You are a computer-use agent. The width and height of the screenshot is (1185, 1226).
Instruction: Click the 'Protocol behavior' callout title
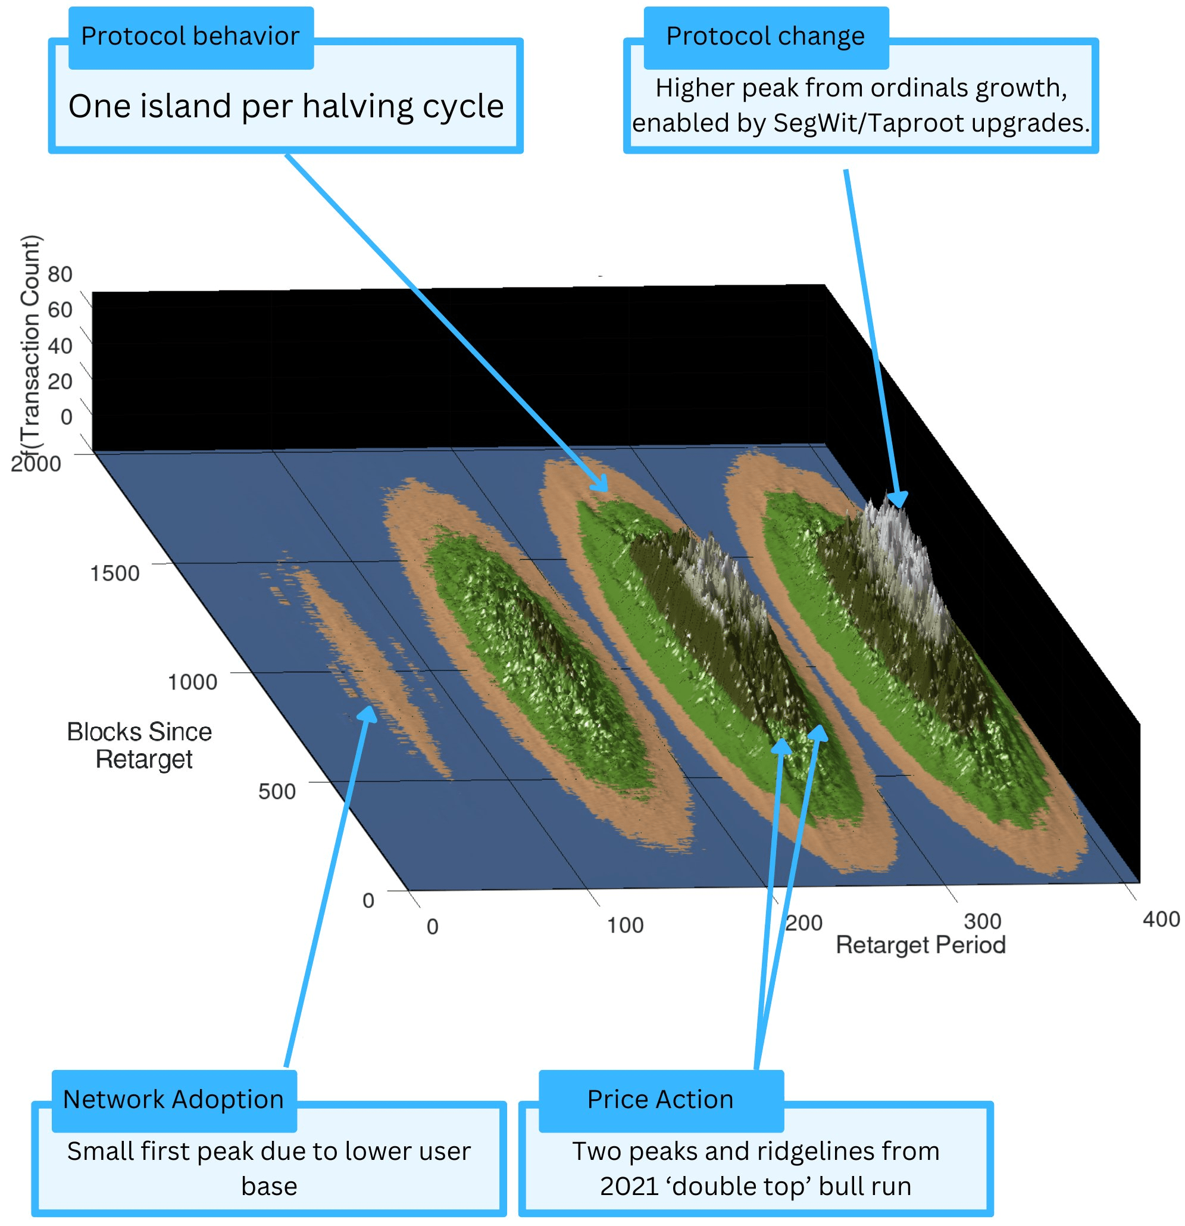click(x=190, y=36)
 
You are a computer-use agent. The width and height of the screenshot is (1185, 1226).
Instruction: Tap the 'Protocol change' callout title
click(x=765, y=36)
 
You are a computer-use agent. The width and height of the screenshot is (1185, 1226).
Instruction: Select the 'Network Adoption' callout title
click(x=173, y=1099)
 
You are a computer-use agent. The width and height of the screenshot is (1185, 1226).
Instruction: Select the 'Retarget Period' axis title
click(x=921, y=944)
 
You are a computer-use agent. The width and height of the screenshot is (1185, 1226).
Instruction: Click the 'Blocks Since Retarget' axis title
click(x=140, y=745)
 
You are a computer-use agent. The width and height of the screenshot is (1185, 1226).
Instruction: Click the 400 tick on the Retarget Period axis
click(x=1161, y=919)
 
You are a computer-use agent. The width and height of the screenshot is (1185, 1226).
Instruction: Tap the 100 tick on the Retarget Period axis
click(x=625, y=925)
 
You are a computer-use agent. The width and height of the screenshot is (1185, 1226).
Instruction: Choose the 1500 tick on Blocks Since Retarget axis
click(x=114, y=573)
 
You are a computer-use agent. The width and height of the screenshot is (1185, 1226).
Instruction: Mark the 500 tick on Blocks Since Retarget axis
click(x=276, y=791)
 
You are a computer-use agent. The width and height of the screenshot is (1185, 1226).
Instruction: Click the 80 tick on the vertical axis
click(x=60, y=274)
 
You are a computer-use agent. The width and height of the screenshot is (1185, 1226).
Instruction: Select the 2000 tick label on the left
click(x=36, y=463)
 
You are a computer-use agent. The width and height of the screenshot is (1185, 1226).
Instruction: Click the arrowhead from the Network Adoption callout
click(x=368, y=713)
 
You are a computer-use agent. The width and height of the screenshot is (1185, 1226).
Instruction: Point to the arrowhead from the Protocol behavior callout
click(x=601, y=485)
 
